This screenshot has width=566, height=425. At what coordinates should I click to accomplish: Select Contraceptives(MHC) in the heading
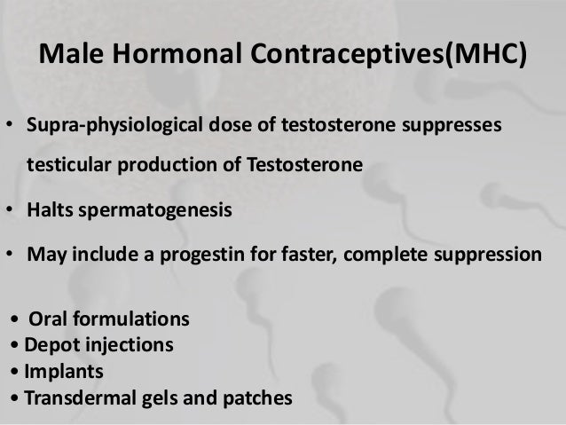click(x=380, y=56)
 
